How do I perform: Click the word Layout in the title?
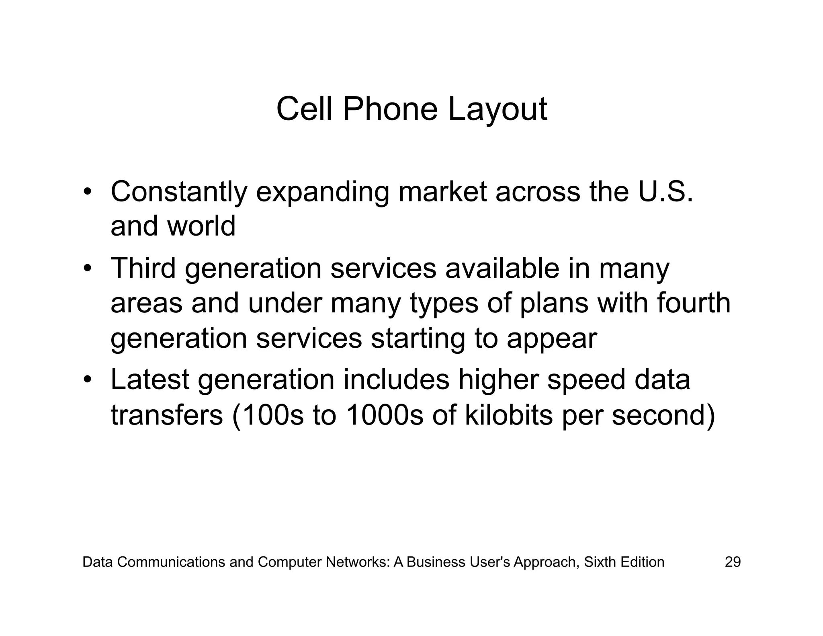(x=497, y=109)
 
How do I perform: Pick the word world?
(x=201, y=226)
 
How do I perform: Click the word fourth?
(x=694, y=303)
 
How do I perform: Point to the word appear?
(x=552, y=339)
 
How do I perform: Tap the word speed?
(x=586, y=380)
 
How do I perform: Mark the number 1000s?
(x=384, y=414)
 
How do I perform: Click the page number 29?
(x=733, y=562)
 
